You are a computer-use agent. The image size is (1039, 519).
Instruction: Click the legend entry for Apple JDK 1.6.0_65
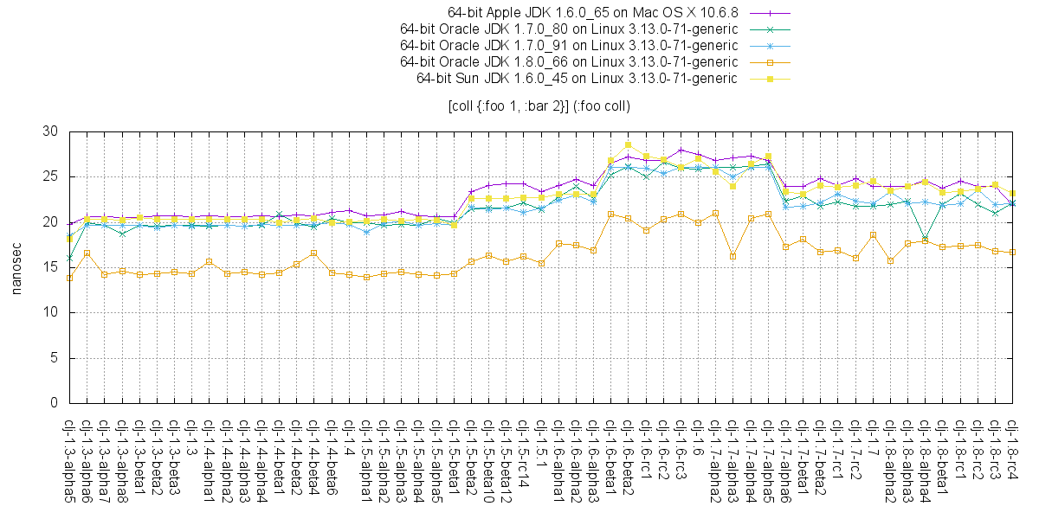[593, 13]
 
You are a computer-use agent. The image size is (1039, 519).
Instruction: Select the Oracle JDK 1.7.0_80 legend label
[569, 29]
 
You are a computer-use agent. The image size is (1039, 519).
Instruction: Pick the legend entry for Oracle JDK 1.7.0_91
[569, 46]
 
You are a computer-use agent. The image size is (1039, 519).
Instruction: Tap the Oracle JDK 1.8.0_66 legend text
[569, 62]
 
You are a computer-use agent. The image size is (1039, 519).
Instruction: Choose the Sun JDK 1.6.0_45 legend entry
[577, 79]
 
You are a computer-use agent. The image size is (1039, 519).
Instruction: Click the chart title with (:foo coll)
[539, 106]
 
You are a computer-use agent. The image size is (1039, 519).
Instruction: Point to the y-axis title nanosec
[16, 267]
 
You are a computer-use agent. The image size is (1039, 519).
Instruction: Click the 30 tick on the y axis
[50, 131]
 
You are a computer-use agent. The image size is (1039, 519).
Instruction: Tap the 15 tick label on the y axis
[50, 267]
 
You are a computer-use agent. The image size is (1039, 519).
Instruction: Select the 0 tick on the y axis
[54, 402]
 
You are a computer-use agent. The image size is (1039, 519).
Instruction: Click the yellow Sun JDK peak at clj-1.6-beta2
[629, 144]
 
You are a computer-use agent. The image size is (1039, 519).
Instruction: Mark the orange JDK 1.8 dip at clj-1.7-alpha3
[733, 256]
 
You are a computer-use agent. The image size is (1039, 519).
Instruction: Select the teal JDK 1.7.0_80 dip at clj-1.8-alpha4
[926, 238]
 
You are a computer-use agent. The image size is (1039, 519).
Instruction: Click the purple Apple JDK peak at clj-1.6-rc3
[681, 150]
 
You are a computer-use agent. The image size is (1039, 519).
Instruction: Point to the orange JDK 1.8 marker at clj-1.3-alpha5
[69, 278]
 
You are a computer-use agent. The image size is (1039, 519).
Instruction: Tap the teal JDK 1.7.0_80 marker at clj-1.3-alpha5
[69, 258]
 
